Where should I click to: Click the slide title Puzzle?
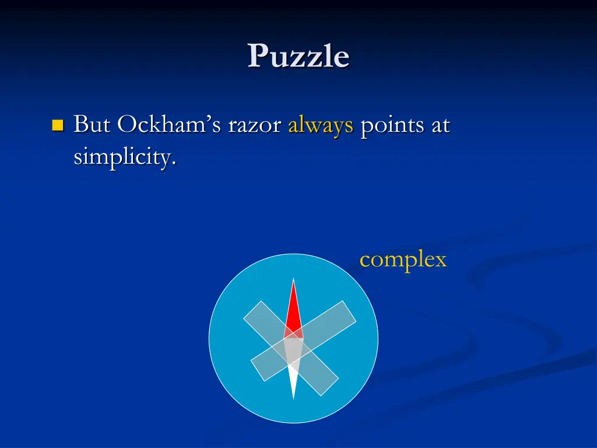coord(298,57)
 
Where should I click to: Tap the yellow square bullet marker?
coord(57,125)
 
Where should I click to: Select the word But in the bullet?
coord(91,125)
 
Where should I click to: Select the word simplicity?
coord(124,157)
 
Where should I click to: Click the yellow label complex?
coord(403,260)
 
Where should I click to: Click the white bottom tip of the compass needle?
coord(293,394)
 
